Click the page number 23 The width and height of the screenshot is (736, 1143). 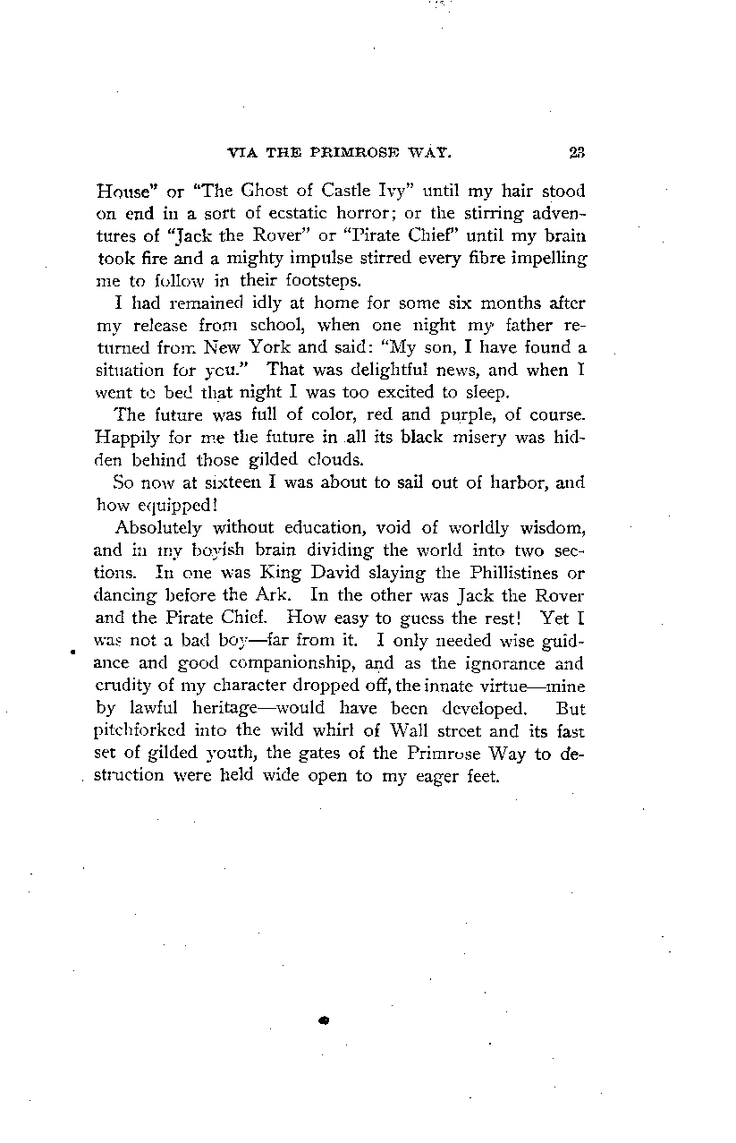[x=575, y=152]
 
